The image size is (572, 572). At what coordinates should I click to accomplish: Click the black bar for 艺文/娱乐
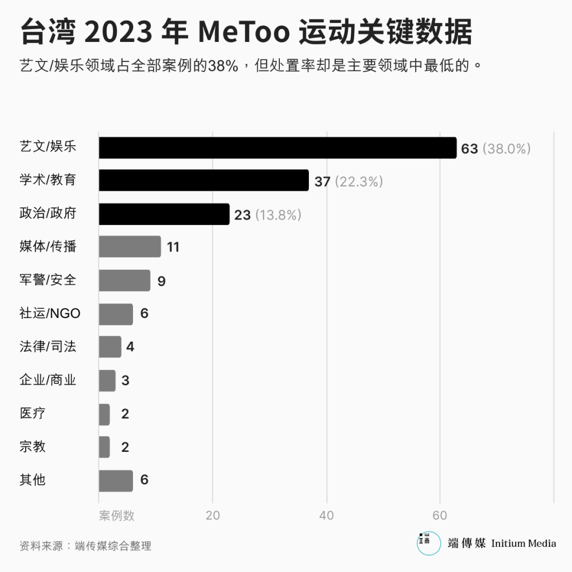pos(278,148)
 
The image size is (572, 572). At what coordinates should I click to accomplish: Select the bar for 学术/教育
pos(204,180)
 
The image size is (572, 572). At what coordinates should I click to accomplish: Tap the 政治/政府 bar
pos(164,214)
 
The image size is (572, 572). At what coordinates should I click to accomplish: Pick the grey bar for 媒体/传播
pos(130,246)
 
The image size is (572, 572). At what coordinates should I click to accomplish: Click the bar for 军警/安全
pos(125,280)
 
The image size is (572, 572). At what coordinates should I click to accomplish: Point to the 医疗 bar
pos(104,414)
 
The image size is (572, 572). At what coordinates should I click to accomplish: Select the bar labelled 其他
pos(116,480)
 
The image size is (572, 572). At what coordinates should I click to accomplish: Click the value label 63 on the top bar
pos(470,149)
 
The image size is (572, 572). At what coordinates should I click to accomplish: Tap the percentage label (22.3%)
pos(359,182)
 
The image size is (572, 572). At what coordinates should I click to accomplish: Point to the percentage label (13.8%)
pos(278,215)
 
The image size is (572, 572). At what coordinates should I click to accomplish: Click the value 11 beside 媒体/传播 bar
pos(173,247)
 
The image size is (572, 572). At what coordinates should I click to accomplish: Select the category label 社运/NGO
pos(50,313)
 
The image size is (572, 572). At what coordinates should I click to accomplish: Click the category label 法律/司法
pos(47,347)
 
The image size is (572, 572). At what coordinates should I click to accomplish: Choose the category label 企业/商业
pos(47,380)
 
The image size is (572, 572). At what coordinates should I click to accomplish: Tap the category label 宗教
pos(32,447)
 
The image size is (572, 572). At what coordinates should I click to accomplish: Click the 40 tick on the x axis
pos(326,515)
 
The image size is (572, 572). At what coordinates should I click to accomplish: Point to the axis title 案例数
pos(117,515)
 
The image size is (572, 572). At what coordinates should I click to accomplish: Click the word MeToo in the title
pos(244,32)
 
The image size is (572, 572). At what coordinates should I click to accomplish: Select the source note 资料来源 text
pos(85,546)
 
